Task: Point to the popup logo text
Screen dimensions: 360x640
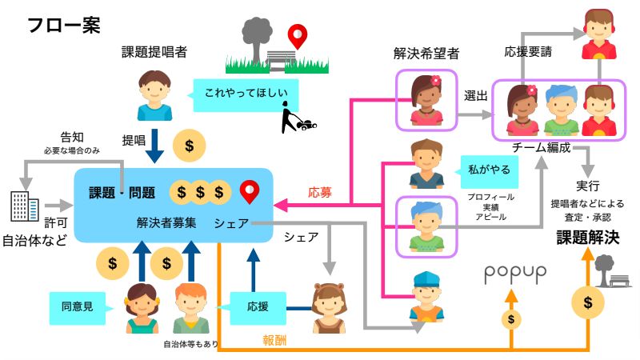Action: coord(515,273)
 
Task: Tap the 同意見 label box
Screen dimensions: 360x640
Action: coord(77,306)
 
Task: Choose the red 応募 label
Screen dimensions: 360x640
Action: coord(320,193)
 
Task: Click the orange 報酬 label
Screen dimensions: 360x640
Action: coord(275,339)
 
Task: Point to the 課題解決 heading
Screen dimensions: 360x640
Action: coord(588,237)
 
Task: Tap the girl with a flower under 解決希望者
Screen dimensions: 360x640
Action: coord(426,98)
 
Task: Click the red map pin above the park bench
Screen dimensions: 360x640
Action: coord(298,36)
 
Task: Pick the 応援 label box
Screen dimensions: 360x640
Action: coord(258,306)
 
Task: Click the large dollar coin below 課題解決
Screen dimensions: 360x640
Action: coord(588,302)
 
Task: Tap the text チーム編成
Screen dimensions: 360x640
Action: coord(540,148)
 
